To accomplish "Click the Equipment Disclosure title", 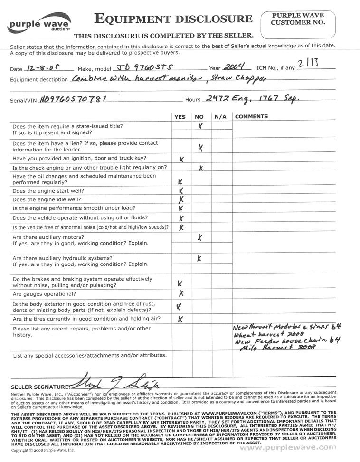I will [173, 19].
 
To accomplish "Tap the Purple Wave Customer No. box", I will [298, 25].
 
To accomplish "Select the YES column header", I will [180, 117].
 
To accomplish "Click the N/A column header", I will [220, 117].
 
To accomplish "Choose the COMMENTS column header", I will [251, 117].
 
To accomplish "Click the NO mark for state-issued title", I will [200, 126].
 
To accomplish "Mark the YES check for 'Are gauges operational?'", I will [181, 294].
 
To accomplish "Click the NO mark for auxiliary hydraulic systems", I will [199, 259].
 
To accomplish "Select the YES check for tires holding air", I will [180, 320].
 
